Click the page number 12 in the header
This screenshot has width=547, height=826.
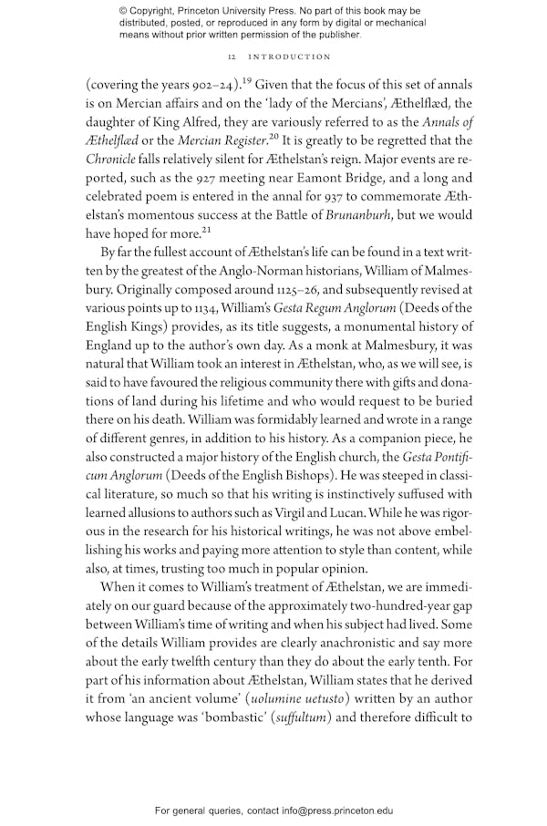point(232,57)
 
